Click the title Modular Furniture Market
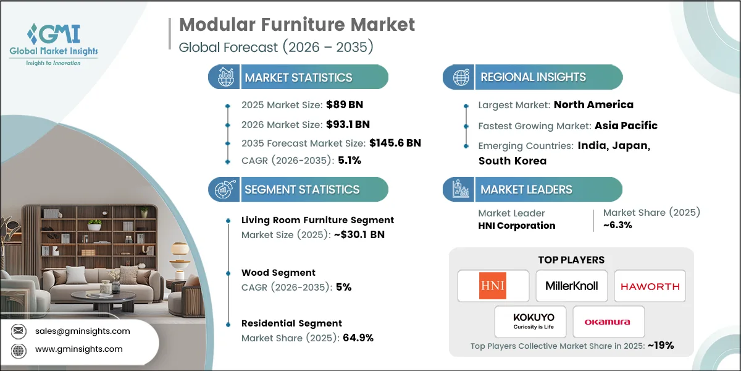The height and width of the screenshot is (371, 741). pyautogui.click(x=296, y=25)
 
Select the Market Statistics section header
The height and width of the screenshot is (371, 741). pyautogui.click(x=298, y=77)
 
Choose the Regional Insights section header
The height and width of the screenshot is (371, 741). pyautogui.click(x=533, y=77)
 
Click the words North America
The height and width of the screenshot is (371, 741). pyautogui.click(x=593, y=104)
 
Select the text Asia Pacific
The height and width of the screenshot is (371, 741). pyautogui.click(x=626, y=126)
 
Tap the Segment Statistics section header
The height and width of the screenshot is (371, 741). pyautogui.click(x=302, y=190)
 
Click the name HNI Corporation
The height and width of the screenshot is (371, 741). pyautogui.click(x=516, y=226)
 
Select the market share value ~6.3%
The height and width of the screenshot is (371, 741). pyautogui.click(x=617, y=226)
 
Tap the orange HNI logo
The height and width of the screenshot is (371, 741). pyautogui.click(x=493, y=286)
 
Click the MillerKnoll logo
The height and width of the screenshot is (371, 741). pyautogui.click(x=571, y=286)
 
